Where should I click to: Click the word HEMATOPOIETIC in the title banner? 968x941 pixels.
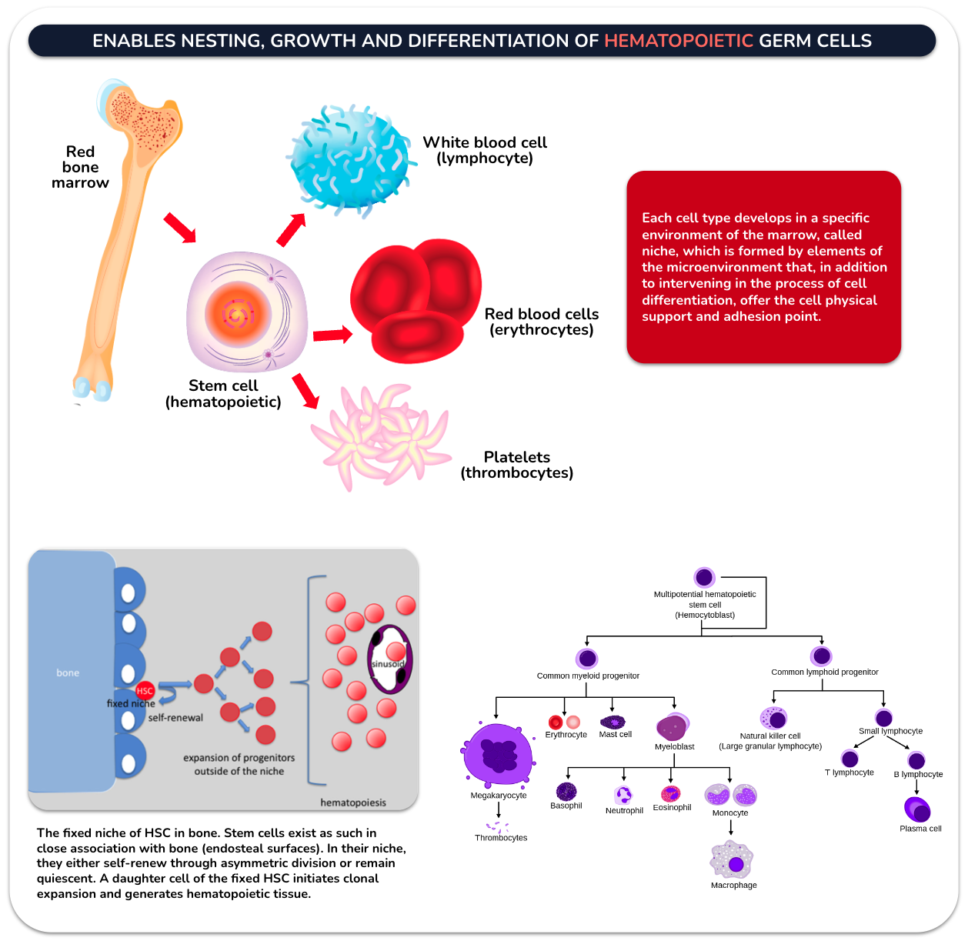678,41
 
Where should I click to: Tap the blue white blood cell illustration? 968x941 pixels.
352,161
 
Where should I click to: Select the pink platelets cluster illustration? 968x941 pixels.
381,437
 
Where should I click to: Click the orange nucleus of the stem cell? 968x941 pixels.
238,314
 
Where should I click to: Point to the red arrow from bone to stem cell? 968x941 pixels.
179,228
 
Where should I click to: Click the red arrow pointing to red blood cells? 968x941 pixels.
332,335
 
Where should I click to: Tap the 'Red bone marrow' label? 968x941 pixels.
80,167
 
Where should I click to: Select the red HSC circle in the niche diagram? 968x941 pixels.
145,690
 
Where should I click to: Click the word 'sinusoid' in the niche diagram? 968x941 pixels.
388,664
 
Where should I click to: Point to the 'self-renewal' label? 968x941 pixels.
175,718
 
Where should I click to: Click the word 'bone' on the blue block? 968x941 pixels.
68,673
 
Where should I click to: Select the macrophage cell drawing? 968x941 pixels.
731,859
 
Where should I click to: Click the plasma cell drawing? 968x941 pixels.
917,809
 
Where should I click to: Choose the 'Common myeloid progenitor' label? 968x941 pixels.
588,676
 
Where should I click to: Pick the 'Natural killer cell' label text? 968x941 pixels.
770,736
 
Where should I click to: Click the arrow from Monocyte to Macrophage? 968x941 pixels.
731,828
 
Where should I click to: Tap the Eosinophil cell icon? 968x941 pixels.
670,793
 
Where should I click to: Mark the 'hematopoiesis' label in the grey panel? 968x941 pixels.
353,803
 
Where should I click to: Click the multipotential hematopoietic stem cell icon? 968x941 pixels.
704,577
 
